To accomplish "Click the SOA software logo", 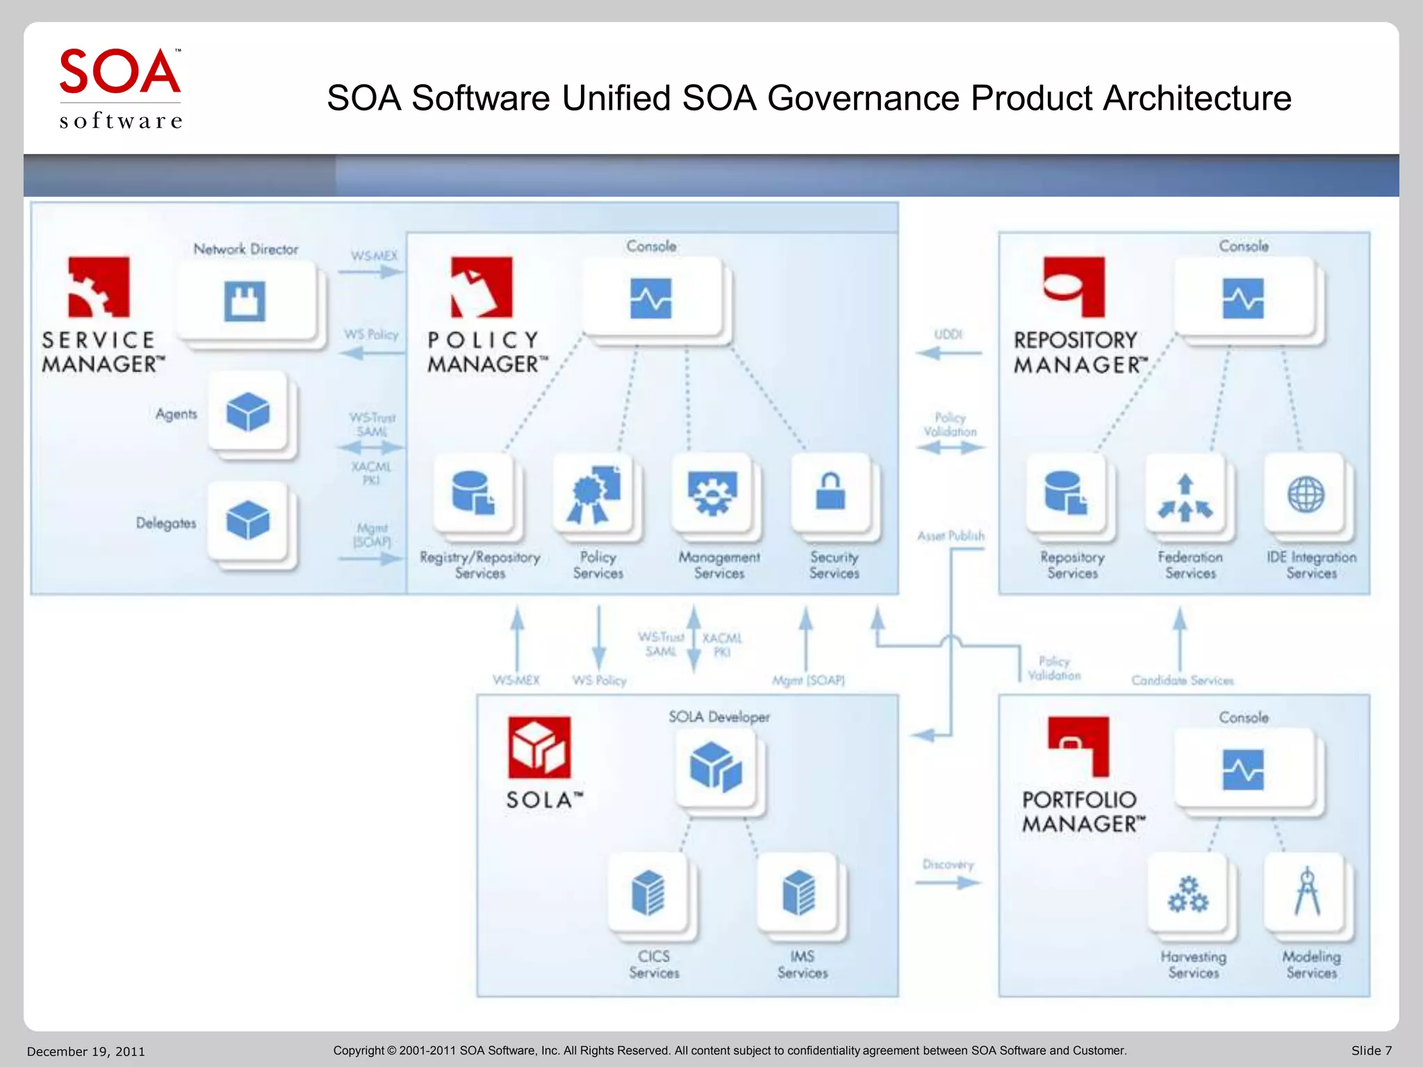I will (x=120, y=88).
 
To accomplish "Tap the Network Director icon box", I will (x=245, y=301).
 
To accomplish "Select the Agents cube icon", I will (x=247, y=411).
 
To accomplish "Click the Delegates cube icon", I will (x=247, y=520).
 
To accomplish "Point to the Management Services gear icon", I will (x=711, y=493).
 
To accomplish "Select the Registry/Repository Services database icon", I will (x=473, y=493).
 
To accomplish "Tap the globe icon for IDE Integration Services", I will (x=1306, y=495).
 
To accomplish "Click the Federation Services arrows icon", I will (x=1185, y=497).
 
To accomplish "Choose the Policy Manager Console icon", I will (x=651, y=299).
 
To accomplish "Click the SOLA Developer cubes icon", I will (x=716, y=767).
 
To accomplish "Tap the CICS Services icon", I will (x=648, y=893).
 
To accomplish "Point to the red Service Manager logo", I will (x=99, y=287).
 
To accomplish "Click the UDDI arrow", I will (x=948, y=353).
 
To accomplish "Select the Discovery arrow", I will (x=948, y=883).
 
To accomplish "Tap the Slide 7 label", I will (x=1371, y=1050).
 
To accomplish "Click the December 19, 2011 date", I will (x=86, y=1051).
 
